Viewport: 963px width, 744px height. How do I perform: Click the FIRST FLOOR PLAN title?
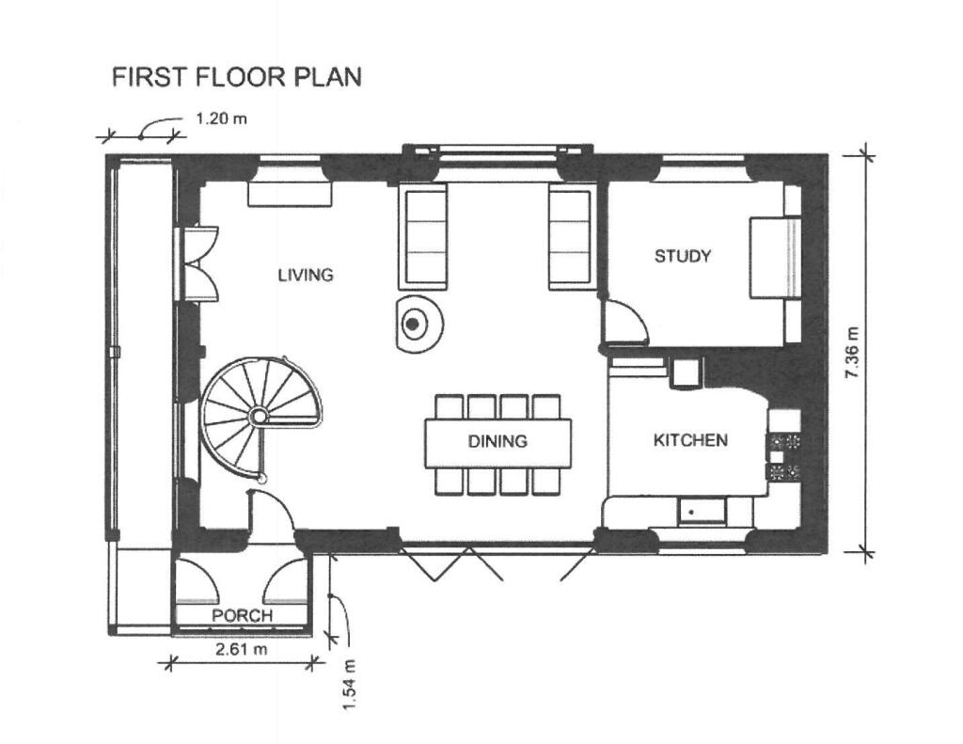[236, 77]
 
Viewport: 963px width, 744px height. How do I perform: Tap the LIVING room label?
[306, 274]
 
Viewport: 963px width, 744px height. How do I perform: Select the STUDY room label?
[683, 256]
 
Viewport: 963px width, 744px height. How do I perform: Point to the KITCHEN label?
[690, 440]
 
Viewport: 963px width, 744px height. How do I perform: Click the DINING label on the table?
[497, 440]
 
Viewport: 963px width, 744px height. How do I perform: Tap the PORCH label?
[242, 615]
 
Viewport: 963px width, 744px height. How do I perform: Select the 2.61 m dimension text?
[242, 648]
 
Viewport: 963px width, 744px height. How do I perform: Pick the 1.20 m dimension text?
[221, 118]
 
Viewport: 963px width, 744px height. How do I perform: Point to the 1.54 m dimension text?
[350, 685]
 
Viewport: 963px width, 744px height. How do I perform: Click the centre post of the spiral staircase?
[259, 416]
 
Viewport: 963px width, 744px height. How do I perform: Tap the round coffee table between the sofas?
[418, 324]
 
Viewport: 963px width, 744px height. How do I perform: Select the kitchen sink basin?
[702, 511]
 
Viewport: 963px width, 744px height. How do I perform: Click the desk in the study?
[775, 258]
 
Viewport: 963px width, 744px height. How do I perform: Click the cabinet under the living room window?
[290, 193]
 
